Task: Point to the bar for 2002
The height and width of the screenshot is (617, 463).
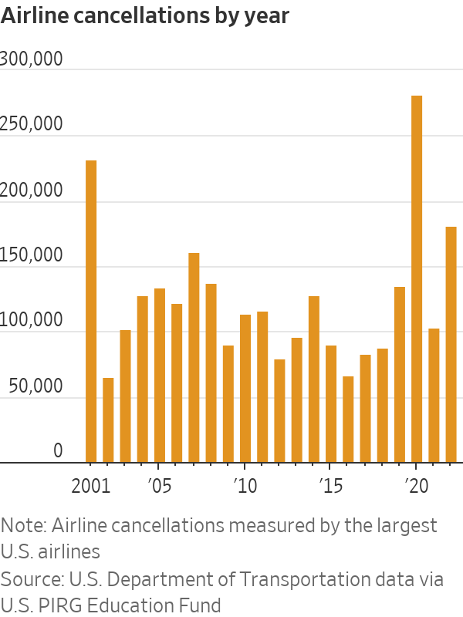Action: (x=108, y=420)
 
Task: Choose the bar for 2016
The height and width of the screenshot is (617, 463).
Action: (x=348, y=420)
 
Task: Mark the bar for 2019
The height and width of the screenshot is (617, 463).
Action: (x=400, y=375)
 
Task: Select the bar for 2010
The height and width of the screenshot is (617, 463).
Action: (x=245, y=389)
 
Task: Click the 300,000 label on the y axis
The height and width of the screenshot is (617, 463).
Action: (x=32, y=59)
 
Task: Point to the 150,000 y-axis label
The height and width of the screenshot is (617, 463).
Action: (x=32, y=255)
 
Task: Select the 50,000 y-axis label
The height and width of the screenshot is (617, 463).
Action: (x=35, y=386)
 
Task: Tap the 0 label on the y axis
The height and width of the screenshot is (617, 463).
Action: (x=58, y=451)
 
